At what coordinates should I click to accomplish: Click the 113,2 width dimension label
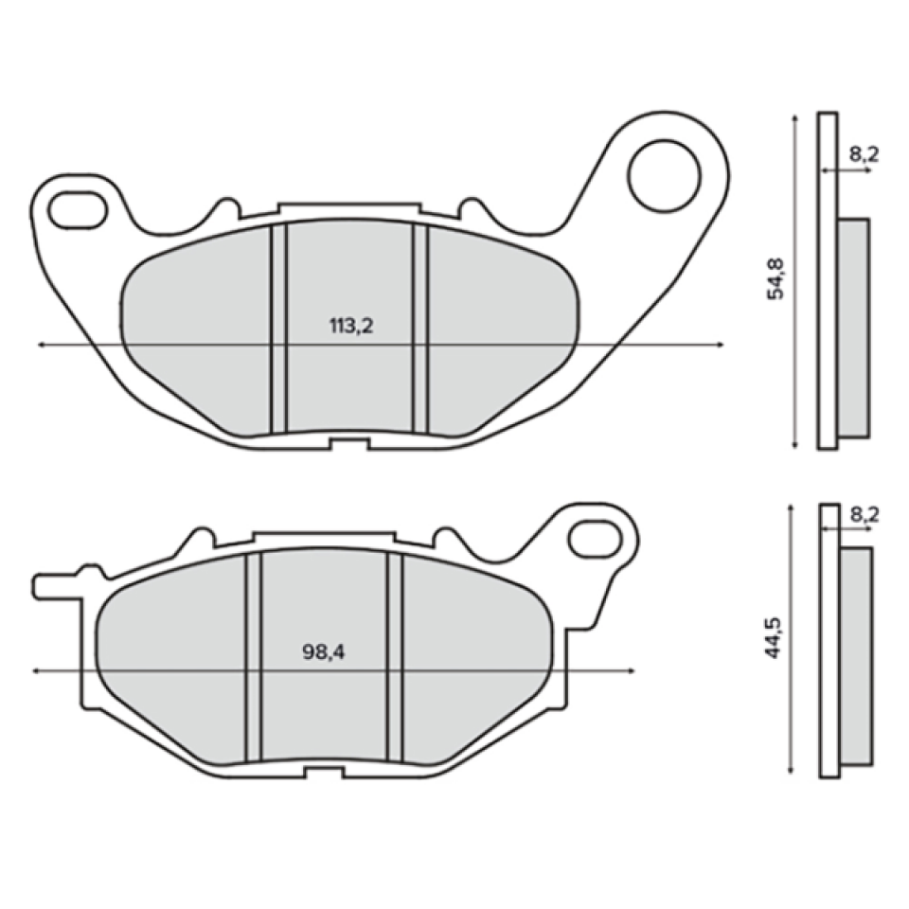[x=351, y=327]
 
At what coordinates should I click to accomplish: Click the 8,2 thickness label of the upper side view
[x=864, y=154]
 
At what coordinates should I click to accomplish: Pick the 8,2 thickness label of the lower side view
[x=864, y=514]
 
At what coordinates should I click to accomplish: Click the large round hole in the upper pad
[x=665, y=174]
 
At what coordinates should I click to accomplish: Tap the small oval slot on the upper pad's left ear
[x=78, y=207]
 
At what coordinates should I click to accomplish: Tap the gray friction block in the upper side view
[x=854, y=328]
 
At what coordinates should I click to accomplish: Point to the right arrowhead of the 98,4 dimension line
[x=631, y=670]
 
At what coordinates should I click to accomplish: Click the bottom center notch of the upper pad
[x=348, y=443]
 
